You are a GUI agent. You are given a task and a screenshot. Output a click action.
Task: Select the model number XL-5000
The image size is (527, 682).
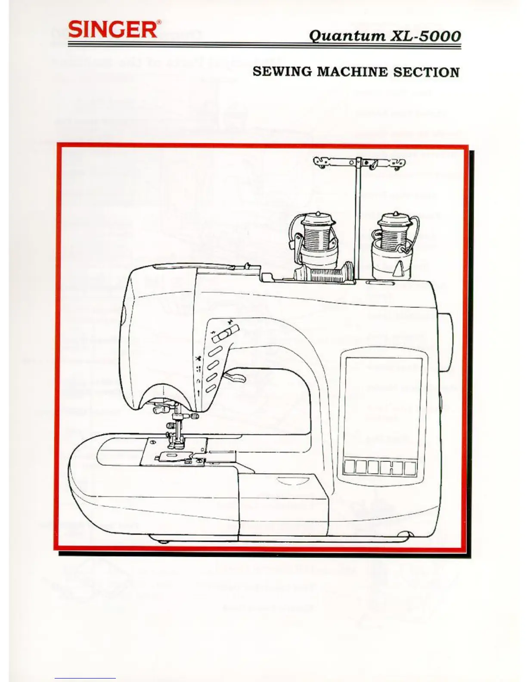[424, 35]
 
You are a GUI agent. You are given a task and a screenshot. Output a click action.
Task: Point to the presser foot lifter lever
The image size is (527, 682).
[235, 378]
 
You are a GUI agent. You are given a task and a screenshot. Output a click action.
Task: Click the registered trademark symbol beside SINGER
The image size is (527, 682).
[159, 23]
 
